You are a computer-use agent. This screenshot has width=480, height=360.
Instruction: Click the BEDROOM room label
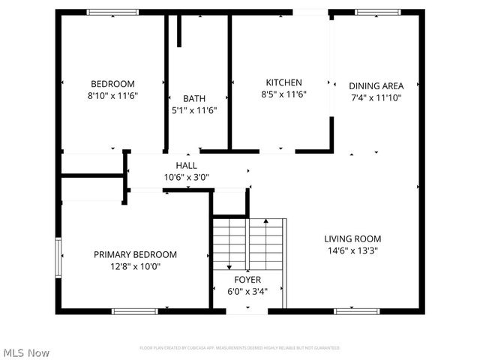click(112, 83)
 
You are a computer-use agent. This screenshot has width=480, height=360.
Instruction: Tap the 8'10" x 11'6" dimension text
click(112, 95)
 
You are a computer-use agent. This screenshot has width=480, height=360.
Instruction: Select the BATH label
click(194, 98)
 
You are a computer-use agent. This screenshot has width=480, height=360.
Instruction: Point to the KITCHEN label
click(283, 82)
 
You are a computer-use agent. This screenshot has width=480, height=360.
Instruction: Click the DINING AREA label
click(376, 85)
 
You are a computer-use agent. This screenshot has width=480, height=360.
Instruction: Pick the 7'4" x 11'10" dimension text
click(376, 97)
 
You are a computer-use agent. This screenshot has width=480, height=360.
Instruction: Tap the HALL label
click(187, 165)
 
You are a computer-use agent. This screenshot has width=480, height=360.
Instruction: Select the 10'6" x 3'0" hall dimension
click(187, 177)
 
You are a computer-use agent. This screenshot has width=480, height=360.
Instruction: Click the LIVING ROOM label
click(352, 238)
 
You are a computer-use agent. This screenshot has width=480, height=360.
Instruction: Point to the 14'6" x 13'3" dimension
click(352, 250)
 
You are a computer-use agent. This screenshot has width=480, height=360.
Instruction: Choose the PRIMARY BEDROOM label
click(135, 254)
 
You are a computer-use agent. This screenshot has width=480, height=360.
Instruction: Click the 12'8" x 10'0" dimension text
click(135, 266)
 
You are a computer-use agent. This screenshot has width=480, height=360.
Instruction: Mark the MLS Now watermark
click(26, 352)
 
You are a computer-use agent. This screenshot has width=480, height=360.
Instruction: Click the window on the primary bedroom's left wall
click(58, 258)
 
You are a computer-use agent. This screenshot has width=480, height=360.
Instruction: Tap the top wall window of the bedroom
click(112, 12)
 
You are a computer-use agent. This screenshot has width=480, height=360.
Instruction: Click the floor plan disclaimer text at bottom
click(240, 348)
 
